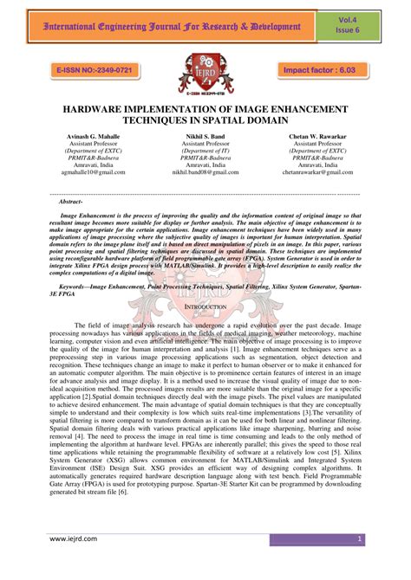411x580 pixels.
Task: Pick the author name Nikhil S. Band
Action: (205, 136)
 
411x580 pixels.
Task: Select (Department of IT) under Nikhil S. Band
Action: (205, 151)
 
